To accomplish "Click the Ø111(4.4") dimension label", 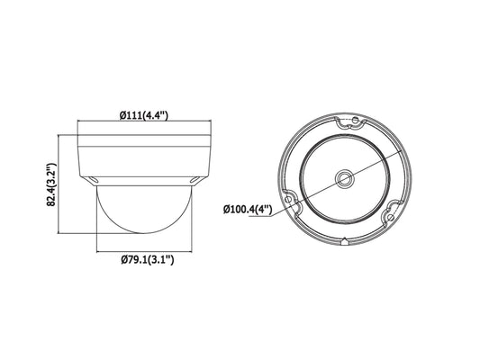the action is point(144,115).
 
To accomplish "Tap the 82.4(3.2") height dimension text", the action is point(51,184).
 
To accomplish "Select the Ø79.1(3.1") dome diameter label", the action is point(148,260).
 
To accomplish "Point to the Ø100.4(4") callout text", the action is point(248,210).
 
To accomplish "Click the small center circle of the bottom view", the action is point(345,178).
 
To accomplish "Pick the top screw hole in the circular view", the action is point(355,121).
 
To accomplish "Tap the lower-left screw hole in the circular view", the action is point(288,200).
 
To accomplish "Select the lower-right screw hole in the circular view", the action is point(390,217).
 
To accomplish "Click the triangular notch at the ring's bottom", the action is point(345,241).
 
